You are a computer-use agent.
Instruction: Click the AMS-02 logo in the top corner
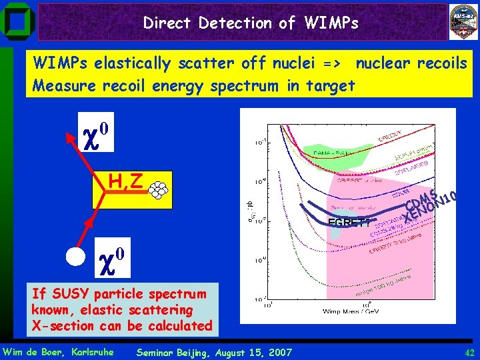(x=463, y=21)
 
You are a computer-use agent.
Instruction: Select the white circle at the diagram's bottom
(x=77, y=255)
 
